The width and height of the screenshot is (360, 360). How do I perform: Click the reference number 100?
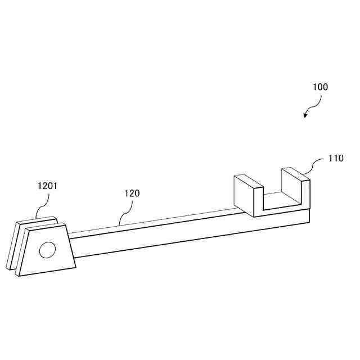(x=320, y=87)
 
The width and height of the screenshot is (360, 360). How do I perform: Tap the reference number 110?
(x=336, y=159)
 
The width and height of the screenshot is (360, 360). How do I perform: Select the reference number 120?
(x=132, y=193)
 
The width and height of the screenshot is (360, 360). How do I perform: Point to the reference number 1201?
(x=47, y=184)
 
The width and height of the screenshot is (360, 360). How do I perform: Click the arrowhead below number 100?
(x=305, y=115)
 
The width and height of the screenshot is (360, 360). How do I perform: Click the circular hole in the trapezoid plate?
(x=47, y=250)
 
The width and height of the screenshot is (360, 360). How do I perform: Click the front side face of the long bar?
(x=169, y=238)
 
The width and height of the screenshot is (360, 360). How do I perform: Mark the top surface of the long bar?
(x=157, y=222)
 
